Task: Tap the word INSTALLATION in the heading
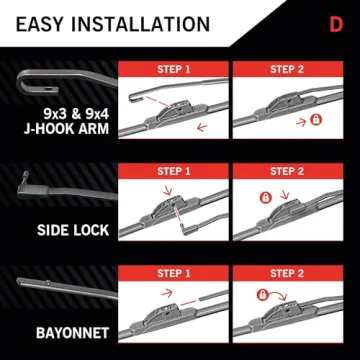tap(146, 22)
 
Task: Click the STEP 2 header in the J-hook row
tap(287, 70)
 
